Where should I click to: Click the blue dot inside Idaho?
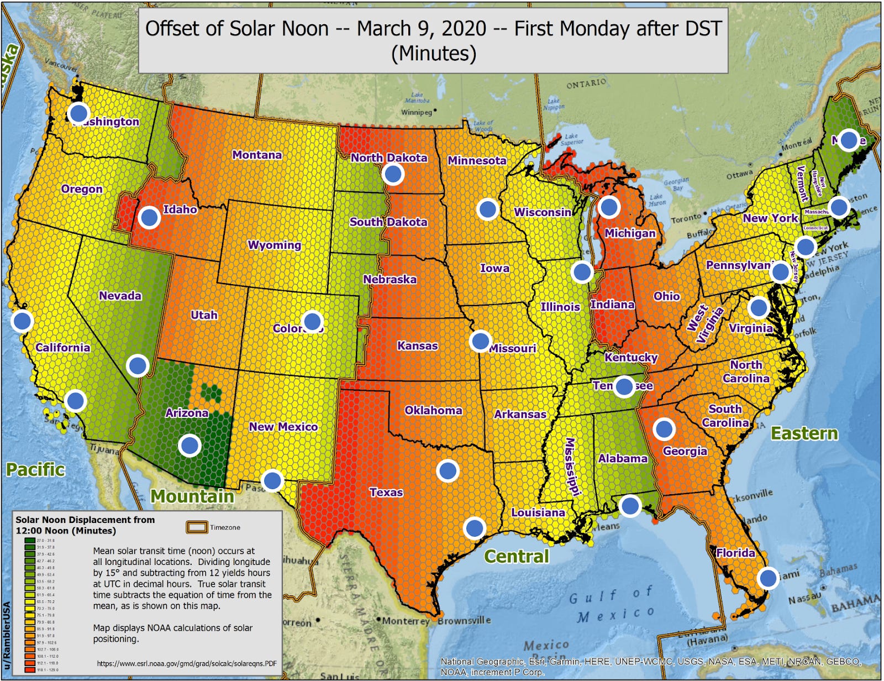pos(149,217)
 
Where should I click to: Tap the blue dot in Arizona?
pos(190,445)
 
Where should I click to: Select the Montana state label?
pos(257,155)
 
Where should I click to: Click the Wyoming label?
pos(275,245)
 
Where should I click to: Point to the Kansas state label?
pos(417,346)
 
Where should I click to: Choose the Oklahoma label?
pos(433,410)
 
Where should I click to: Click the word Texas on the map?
pos(386,492)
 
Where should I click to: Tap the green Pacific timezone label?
pos(36,470)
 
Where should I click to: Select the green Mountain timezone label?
pos(192,496)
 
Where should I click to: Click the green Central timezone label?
pos(517,556)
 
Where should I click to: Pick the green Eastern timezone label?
pos(804,434)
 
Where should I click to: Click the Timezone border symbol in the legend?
pos(197,527)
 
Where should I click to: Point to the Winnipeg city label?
pos(417,112)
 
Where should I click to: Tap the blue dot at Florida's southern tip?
pos(768,578)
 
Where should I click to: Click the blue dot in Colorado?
pos(312,321)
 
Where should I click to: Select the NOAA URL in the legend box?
pos(187,664)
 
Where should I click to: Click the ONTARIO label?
pos(586,83)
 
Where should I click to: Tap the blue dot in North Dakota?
pos(393,174)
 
